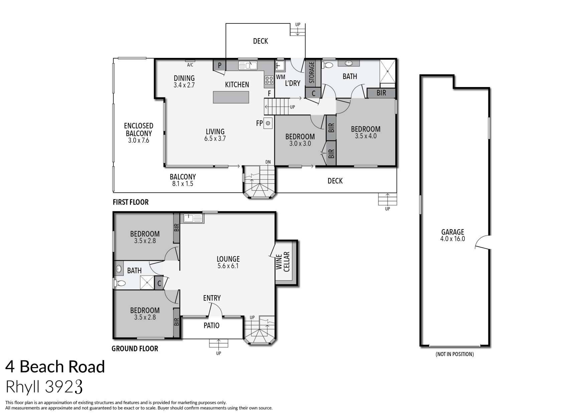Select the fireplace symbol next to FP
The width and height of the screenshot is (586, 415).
[x=268, y=123]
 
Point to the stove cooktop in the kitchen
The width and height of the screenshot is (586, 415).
[x=268, y=80]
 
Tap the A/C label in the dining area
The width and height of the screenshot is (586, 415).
[x=190, y=65]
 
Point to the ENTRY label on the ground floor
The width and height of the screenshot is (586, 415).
[x=212, y=298]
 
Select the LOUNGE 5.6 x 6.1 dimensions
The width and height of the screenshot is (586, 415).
[x=228, y=266]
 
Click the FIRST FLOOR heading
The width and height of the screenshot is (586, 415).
[x=130, y=202]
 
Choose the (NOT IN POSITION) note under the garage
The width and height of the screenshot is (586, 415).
[x=455, y=354]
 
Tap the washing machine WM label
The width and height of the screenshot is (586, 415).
[x=280, y=77]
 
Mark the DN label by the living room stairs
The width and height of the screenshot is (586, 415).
[x=268, y=162]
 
